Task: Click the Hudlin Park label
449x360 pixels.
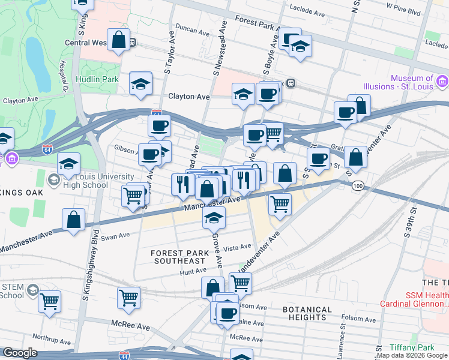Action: pyautogui.click(x=97, y=79)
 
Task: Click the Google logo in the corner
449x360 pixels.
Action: pyautogui.click(x=20, y=352)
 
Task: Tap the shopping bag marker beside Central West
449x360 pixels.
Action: pyautogui.click(x=119, y=41)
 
